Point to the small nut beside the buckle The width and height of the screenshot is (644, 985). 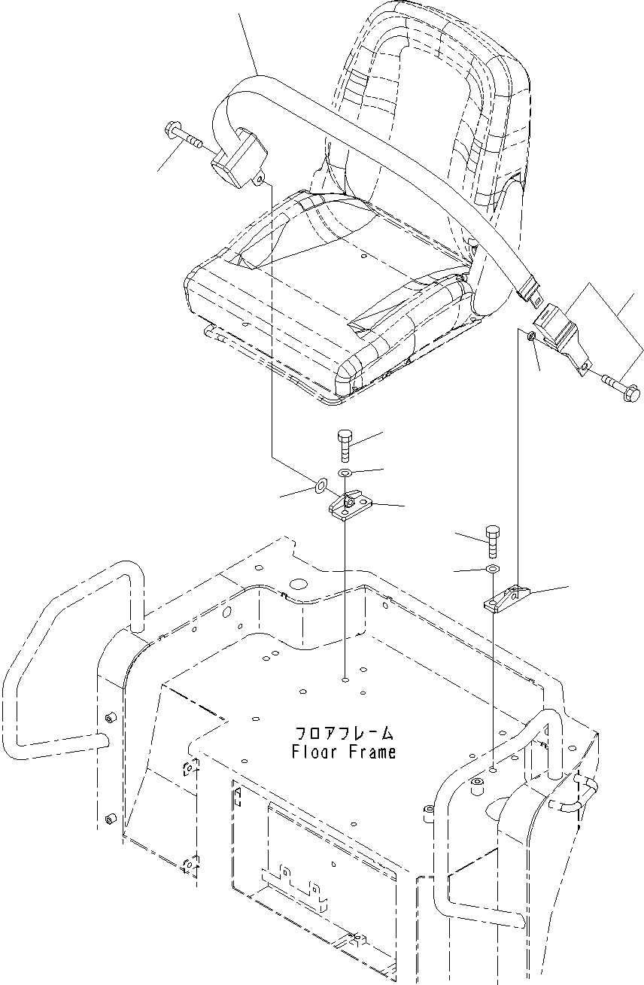(x=532, y=338)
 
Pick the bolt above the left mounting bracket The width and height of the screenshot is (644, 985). (x=345, y=444)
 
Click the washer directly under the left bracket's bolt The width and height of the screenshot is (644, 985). (x=345, y=473)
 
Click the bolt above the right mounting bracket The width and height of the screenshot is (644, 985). (x=491, y=538)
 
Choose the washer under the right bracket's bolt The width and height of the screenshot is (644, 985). (x=491, y=568)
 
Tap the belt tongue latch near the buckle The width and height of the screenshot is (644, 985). (x=530, y=290)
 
